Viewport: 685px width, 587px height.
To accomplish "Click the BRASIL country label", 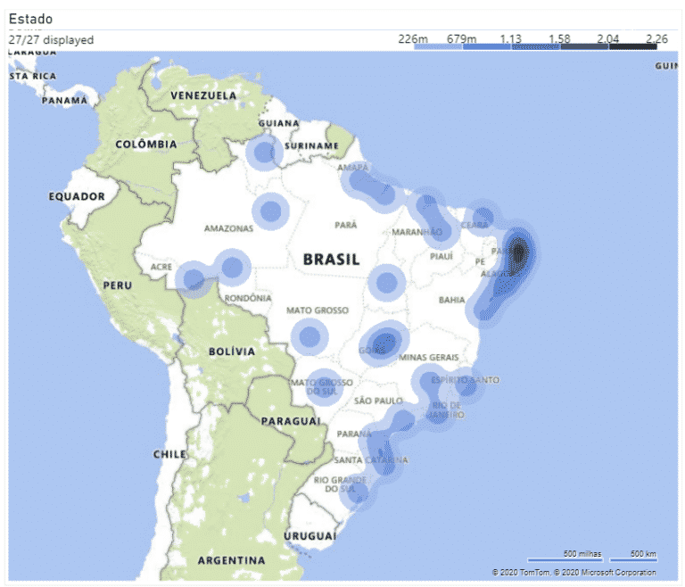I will (x=331, y=260).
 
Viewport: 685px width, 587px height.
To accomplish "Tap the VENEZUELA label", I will (x=203, y=95).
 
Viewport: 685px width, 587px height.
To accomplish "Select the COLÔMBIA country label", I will (x=145, y=144).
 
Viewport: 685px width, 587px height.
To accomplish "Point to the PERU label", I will (x=118, y=285).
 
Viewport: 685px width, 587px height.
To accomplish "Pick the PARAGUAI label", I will (x=292, y=420).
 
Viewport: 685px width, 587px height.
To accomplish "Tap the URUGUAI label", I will (x=309, y=536).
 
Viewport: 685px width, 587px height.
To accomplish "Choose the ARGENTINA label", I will (x=231, y=560).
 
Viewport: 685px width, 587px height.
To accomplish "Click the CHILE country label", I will (x=169, y=454).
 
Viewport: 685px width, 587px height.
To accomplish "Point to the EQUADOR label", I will (x=77, y=196).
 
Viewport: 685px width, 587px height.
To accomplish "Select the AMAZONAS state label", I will (x=229, y=228).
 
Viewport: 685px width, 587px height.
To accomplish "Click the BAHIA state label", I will (x=452, y=301).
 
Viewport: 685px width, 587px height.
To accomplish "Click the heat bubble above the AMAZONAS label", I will (x=270, y=211).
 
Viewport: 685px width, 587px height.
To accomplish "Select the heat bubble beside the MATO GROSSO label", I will (x=309, y=337).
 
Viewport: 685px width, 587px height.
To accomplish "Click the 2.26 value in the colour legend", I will (x=656, y=38).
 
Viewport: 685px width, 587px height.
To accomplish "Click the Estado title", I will (x=30, y=19).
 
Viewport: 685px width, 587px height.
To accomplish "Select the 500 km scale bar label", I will (x=643, y=554).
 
